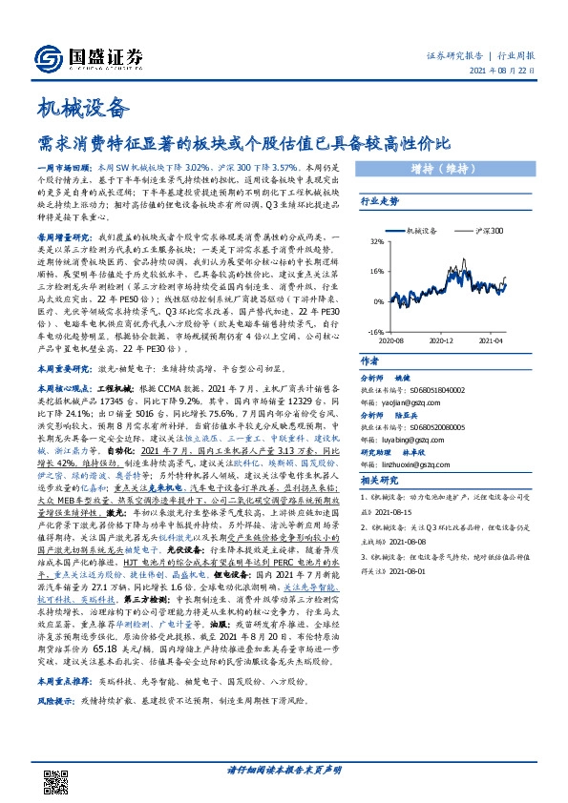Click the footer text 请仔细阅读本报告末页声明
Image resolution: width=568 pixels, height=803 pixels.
point(284,770)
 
